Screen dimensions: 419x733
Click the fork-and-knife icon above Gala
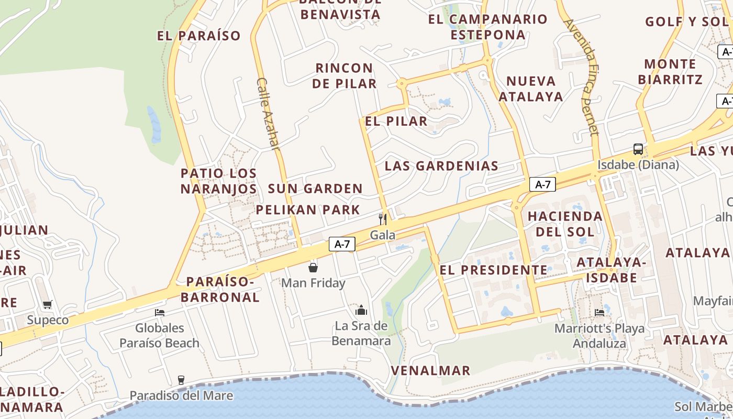383,219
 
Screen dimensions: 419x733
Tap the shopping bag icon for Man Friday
313,268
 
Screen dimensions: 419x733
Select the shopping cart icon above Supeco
48,304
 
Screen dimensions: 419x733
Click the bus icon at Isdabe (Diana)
638,149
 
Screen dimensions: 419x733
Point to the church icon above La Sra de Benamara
361,310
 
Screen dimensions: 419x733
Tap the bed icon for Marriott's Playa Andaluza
599,313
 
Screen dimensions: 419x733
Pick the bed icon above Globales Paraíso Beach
160,313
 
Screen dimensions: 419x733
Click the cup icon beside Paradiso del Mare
181,380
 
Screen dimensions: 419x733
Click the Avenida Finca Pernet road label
581,77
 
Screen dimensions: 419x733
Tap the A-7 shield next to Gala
342,244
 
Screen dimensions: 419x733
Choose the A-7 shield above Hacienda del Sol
542,184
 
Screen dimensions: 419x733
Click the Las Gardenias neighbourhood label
441,166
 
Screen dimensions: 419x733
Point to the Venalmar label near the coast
431,371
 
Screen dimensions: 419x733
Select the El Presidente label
493,270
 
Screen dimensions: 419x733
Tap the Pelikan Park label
308,210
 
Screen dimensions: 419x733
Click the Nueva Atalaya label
530,89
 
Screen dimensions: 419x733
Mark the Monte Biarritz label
670,72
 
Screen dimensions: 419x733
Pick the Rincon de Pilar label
345,76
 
